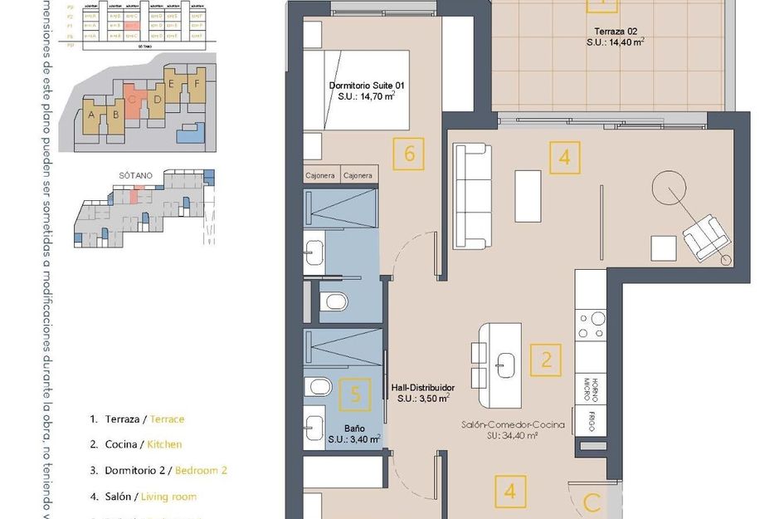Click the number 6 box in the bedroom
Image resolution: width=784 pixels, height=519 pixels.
tap(408, 154)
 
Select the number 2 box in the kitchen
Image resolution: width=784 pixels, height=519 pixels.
tap(546, 360)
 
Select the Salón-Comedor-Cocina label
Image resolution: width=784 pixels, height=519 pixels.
tap(513, 429)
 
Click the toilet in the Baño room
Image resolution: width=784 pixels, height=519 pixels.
tap(317, 386)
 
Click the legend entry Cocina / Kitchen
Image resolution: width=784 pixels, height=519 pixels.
tap(143, 444)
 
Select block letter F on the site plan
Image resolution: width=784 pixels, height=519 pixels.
tap(196, 83)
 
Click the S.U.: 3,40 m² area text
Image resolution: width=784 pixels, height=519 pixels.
tap(354, 439)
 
